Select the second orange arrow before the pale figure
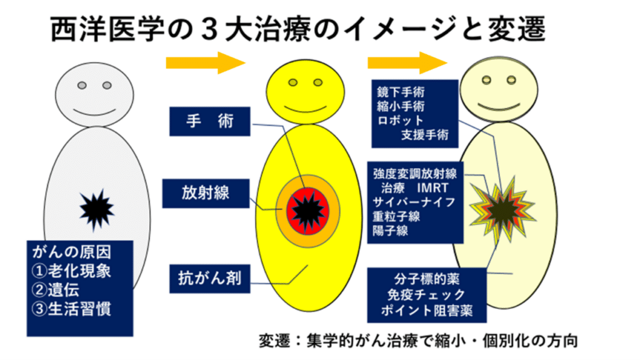406,62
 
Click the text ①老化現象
74,272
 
